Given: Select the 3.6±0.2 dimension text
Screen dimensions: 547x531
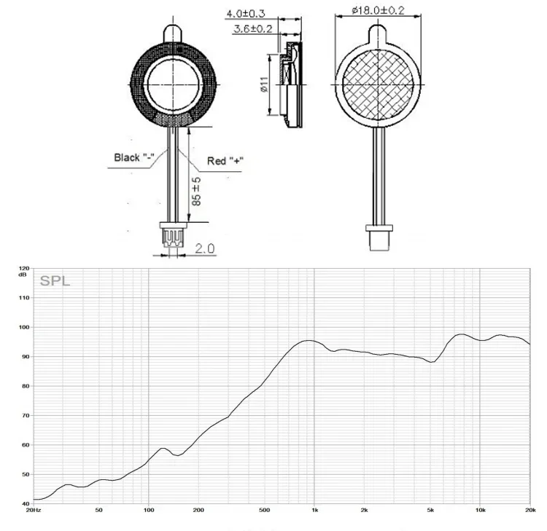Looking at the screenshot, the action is (252, 29).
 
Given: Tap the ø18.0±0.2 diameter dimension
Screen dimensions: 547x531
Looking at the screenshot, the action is (379, 9).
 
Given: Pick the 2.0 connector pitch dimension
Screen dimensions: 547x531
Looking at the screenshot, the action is (205, 248).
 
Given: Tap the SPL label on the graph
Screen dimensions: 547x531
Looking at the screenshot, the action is (55, 280).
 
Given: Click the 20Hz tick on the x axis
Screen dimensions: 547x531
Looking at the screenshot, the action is (32, 511).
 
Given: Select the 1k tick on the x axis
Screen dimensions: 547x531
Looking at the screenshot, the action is (314, 511).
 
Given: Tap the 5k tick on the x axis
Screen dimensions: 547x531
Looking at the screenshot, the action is (430, 511).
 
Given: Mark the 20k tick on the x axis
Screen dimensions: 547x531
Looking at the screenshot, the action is (529, 511).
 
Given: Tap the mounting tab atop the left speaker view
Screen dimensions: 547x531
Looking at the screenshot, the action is (174, 33).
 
